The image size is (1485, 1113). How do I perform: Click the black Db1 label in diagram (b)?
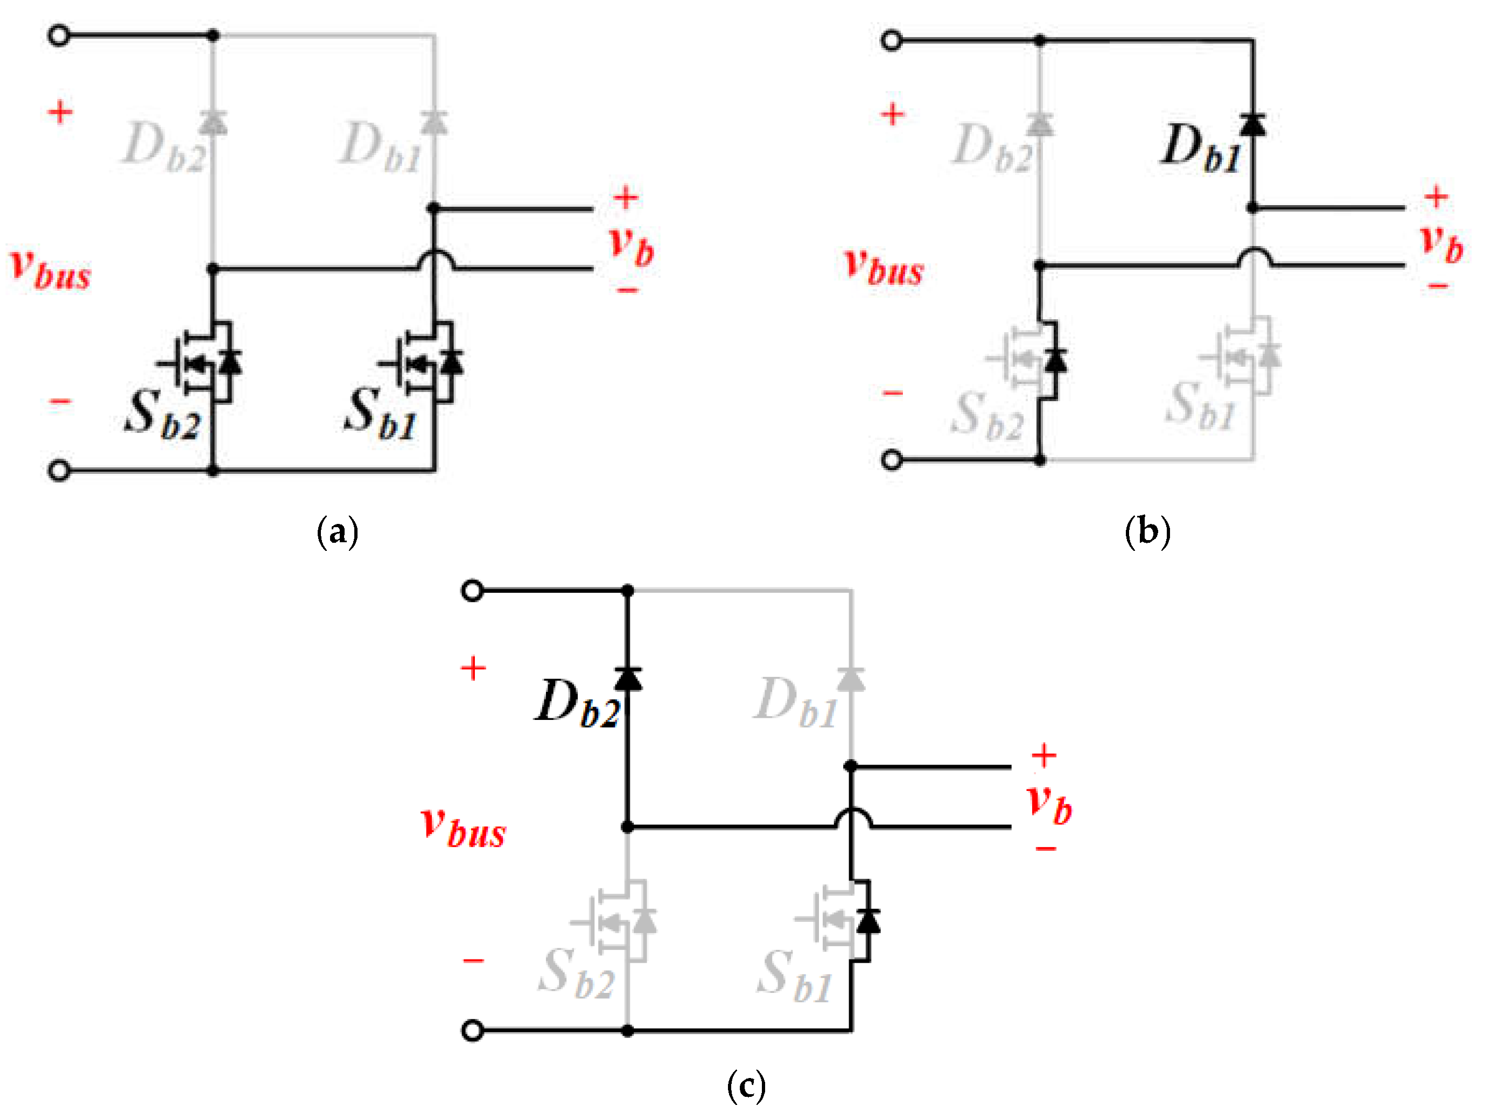click(1201, 149)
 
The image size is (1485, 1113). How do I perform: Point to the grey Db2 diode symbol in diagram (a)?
click(213, 123)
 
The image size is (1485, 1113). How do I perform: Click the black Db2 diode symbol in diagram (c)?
click(628, 678)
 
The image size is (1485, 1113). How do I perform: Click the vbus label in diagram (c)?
click(463, 827)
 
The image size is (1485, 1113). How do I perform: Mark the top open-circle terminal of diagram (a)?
click(59, 36)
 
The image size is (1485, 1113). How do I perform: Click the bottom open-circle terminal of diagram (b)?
click(892, 460)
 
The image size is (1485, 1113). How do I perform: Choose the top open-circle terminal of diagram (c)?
click(473, 591)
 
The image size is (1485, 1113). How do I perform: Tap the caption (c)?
click(746, 1086)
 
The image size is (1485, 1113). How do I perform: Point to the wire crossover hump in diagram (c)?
click(852, 817)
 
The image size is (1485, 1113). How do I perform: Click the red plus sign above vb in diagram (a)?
click(626, 198)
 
